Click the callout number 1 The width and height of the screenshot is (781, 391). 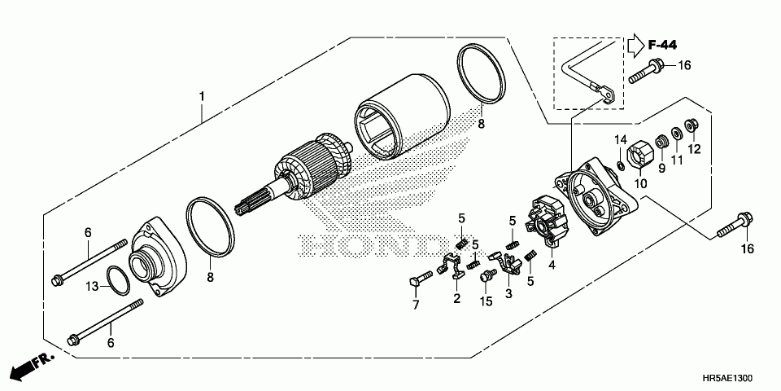[202, 96]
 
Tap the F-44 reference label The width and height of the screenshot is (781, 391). [664, 44]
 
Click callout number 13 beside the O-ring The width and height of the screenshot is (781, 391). [94, 285]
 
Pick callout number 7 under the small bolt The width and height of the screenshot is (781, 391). [415, 305]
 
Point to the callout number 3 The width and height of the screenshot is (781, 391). [508, 293]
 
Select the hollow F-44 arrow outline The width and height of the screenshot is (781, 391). [635, 45]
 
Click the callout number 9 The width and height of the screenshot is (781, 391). [661, 168]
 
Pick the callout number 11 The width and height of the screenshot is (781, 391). [677, 160]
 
